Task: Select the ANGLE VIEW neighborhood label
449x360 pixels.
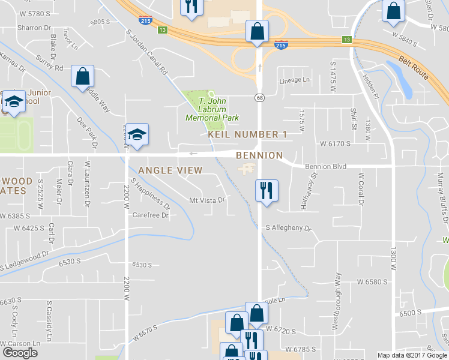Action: click(170, 170)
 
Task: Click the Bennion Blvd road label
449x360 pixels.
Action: click(326, 166)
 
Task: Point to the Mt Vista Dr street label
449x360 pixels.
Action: click(206, 200)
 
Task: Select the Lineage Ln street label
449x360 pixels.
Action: click(294, 80)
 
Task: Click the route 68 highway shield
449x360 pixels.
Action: click(259, 97)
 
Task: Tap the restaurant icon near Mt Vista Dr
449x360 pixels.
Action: click(266, 191)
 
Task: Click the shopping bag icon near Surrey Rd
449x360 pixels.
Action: click(82, 76)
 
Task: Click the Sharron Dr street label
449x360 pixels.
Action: click(34, 28)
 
